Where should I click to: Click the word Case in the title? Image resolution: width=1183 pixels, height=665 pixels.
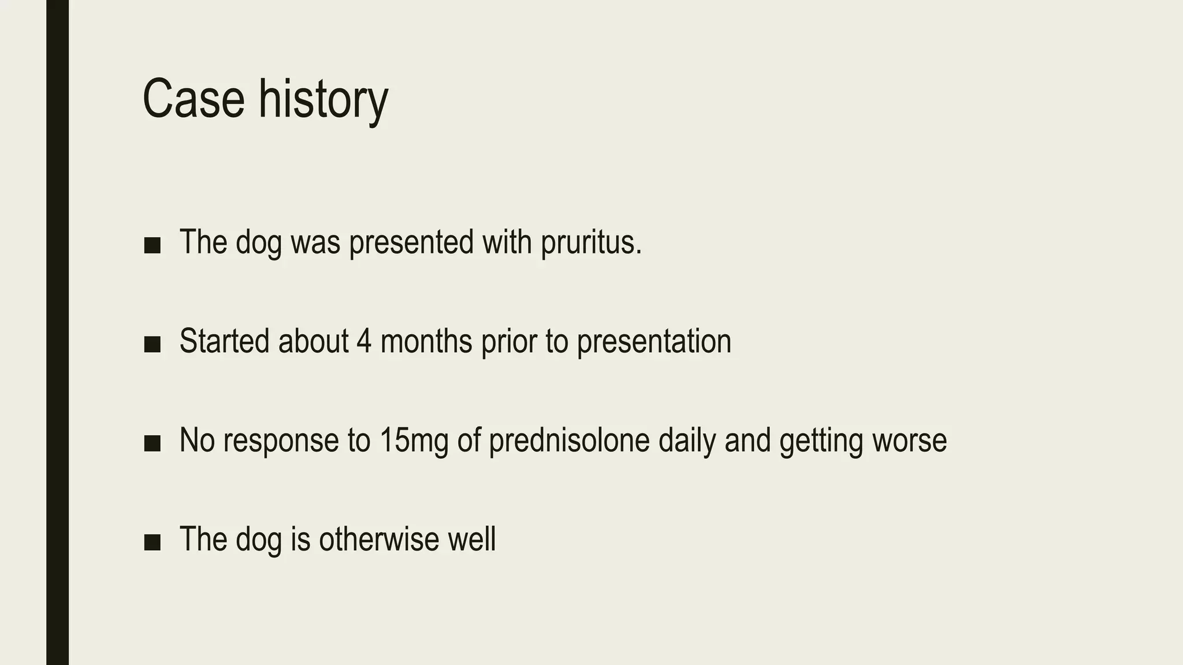(x=194, y=99)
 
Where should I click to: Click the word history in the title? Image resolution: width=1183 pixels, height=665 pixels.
(x=323, y=99)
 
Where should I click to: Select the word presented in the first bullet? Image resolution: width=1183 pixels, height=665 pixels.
(x=411, y=242)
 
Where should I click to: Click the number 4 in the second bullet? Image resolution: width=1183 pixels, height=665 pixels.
(x=364, y=341)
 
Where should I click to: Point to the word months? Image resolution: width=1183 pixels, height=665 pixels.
(x=426, y=341)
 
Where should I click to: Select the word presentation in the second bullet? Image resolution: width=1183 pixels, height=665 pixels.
(x=654, y=341)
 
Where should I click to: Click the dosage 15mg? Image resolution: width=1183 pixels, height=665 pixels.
(x=414, y=440)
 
